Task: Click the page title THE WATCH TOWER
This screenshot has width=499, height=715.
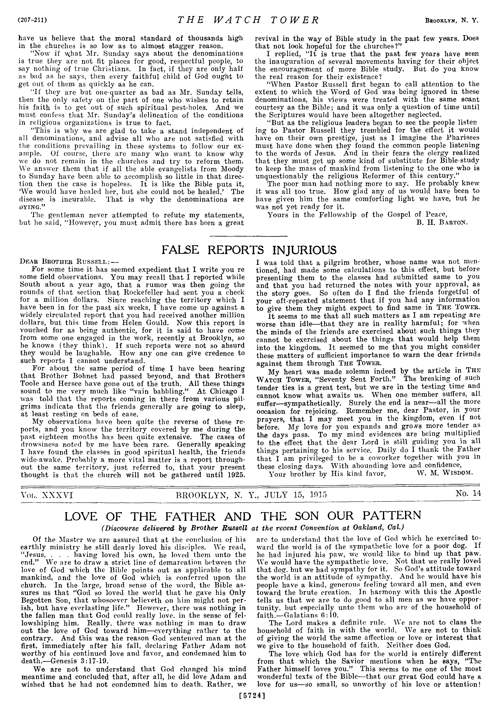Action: tap(248, 20)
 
